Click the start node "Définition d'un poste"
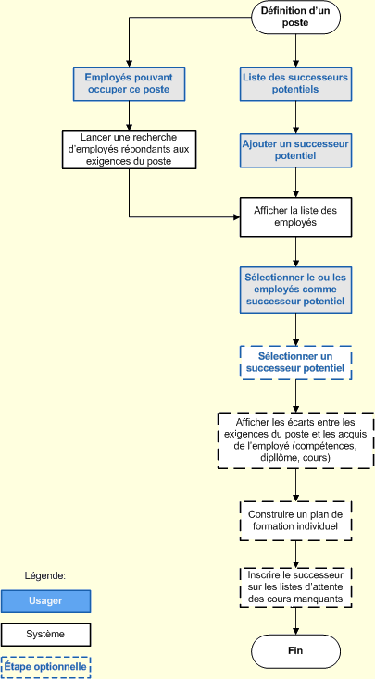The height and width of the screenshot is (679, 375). point(295,18)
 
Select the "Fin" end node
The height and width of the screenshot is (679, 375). point(295,650)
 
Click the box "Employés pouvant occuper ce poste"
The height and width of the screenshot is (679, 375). point(129,83)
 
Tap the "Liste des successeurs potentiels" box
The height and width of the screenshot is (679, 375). point(295,83)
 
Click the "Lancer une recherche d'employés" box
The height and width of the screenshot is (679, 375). point(129,150)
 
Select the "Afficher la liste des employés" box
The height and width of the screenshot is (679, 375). point(295,216)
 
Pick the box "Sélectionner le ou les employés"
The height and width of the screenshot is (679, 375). point(295,289)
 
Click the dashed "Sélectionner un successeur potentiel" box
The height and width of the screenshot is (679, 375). point(295,362)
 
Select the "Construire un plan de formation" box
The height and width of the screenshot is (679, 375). point(295,520)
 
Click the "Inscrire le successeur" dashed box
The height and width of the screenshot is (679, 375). point(295,586)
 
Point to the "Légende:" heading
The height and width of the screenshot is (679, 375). point(44,575)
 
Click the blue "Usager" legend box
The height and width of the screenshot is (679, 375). point(45,601)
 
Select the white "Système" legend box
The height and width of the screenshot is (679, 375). point(45,635)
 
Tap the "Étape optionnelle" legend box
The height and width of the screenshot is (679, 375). point(45,666)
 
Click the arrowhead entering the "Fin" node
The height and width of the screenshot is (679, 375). point(295,629)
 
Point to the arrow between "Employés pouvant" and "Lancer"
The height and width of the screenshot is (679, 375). point(129,116)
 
